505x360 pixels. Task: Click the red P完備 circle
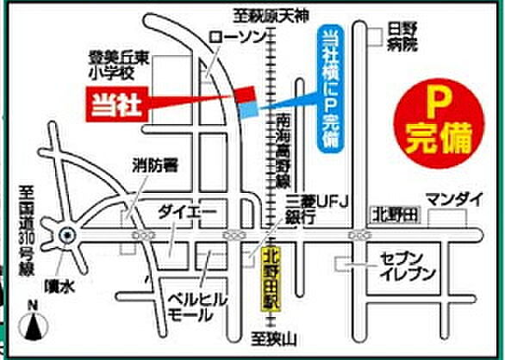tap(437, 125)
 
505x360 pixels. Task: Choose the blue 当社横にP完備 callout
tap(328, 87)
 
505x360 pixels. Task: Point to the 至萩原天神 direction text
tap(268, 14)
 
